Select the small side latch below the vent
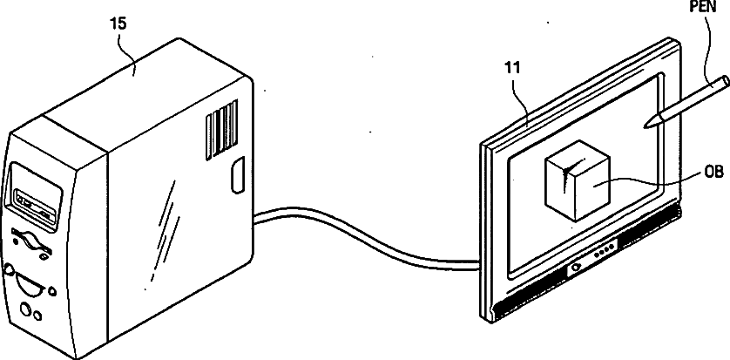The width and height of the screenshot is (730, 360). pos(235,177)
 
